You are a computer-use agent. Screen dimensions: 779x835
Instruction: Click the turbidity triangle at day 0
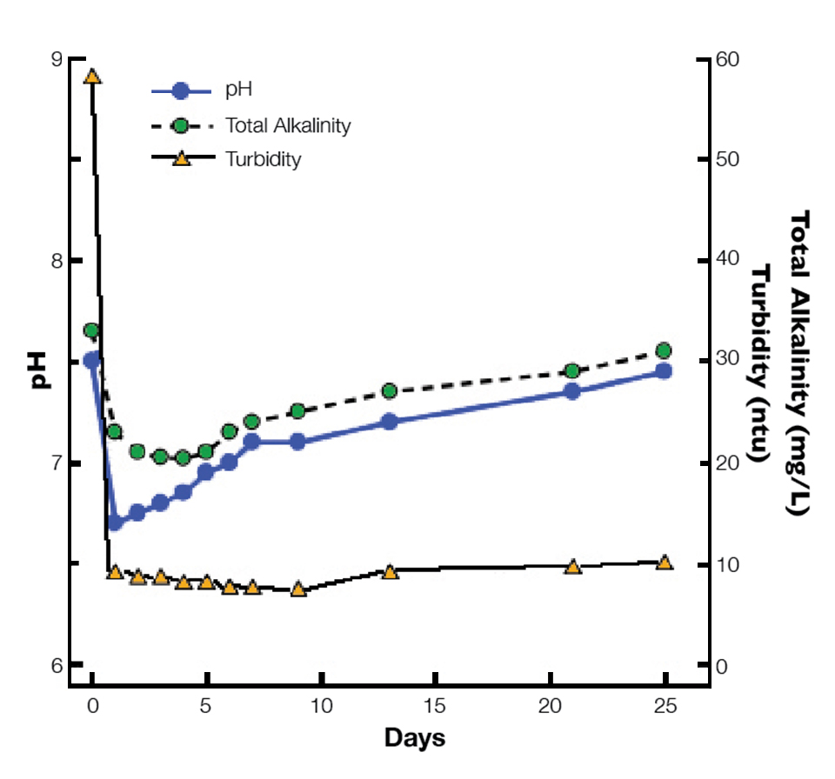tap(92, 77)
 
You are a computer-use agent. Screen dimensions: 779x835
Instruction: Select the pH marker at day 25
tap(664, 371)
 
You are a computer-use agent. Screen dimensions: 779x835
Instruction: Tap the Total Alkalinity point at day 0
tap(91, 330)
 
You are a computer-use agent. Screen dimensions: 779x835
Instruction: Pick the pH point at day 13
tap(390, 422)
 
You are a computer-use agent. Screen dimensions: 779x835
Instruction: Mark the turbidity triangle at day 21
tap(572, 567)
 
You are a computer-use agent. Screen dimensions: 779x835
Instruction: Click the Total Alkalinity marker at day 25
tap(664, 350)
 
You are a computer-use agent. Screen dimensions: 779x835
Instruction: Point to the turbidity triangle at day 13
tap(390, 572)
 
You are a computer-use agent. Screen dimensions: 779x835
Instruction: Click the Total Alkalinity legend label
tap(288, 125)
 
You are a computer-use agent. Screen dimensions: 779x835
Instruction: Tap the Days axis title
tap(415, 739)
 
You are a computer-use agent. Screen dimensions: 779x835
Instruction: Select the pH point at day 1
tap(115, 523)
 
